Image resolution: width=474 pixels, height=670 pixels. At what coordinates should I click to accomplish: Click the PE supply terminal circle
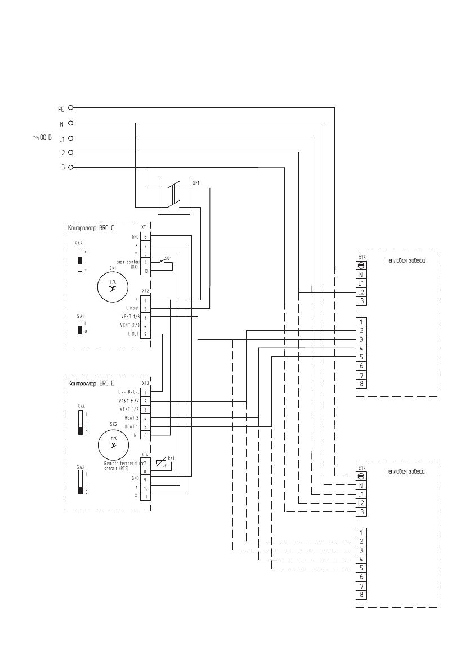[x=71, y=107]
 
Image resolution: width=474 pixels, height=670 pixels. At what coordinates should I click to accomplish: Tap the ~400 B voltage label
[x=43, y=137]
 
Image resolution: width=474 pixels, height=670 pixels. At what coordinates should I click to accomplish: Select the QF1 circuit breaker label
[x=196, y=183]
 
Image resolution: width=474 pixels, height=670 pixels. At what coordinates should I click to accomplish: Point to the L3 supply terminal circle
[x=71, y=167]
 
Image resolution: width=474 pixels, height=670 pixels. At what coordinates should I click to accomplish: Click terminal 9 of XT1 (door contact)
[x=145, y=263]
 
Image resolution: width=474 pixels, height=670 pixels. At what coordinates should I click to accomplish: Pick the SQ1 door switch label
[x=168, y=257]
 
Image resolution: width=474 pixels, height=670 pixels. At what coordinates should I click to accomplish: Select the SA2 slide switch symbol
[x=81, y=260]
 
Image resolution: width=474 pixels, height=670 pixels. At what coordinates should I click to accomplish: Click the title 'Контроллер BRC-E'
[x=88, y=384]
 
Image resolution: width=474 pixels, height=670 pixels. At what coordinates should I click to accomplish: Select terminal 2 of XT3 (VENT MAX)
[x=145, y=401]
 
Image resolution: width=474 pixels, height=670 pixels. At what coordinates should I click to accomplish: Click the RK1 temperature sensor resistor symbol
[x=161, y=462]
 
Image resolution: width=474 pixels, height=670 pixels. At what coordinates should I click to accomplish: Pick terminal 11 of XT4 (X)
[x=145, y=496]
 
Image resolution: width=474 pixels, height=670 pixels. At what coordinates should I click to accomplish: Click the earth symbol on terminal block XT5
[x=361, y=266]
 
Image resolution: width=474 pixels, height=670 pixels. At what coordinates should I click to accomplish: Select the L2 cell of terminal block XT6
[x=361, y=502]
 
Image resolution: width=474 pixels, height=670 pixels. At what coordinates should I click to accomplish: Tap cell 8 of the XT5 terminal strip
[x=361, y=384]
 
